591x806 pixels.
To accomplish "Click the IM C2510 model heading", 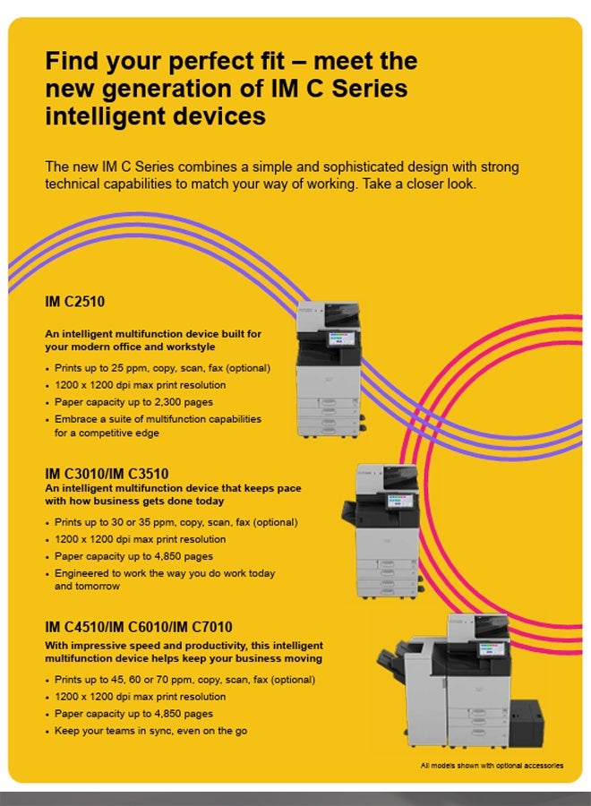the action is coord(75,301).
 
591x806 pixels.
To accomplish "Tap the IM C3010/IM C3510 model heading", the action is coord(107,474).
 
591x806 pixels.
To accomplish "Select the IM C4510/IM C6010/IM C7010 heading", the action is coord(139,627).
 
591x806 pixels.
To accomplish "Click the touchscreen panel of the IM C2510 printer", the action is coord(342,338).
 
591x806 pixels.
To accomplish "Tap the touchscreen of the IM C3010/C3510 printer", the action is coord(400,500).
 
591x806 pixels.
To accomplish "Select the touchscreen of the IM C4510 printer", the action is coord(492,648).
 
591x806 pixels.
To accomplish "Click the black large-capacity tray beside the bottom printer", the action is coord(527,724).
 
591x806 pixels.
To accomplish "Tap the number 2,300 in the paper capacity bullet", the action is coord(184,402).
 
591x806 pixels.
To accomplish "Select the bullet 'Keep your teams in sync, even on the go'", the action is coord(150,731).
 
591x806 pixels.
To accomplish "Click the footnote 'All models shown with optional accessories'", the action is coord(492,766).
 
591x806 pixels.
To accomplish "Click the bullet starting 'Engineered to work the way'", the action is coord(165,579).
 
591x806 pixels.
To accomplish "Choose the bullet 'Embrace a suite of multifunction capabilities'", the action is coord(158,425).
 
